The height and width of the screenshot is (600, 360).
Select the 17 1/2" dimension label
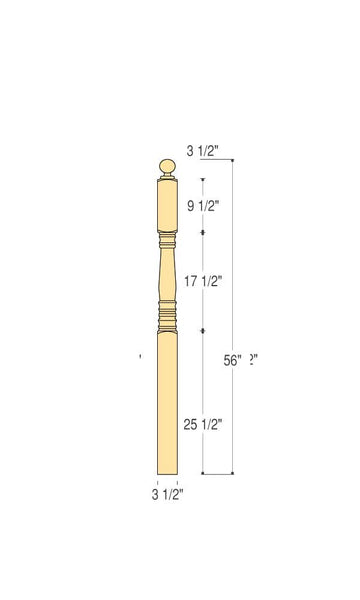pyautogui.click(x=204, y=282)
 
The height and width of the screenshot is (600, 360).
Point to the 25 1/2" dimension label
pyautogui.click(x=203, y=424)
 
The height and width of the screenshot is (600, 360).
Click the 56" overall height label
pyautogui.click(x=233, y=361)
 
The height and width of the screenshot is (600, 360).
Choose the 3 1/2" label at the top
pyautogui.click(x=203, y=151)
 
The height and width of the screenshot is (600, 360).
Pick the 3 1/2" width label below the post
pyautogui.click(x=167, y=494)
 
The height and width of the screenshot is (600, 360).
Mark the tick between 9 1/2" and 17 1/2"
pyautogui.click(x=204, y=232)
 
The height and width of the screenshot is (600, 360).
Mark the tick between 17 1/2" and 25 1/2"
pyautogui.click(x=204, y=329)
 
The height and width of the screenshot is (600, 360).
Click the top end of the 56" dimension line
pyautogui.click(x=234, y=163)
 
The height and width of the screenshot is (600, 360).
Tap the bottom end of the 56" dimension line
pyautogui.click(x=234, y=473)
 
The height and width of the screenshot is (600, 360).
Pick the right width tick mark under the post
pyautogui.click(x=178, y=482)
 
